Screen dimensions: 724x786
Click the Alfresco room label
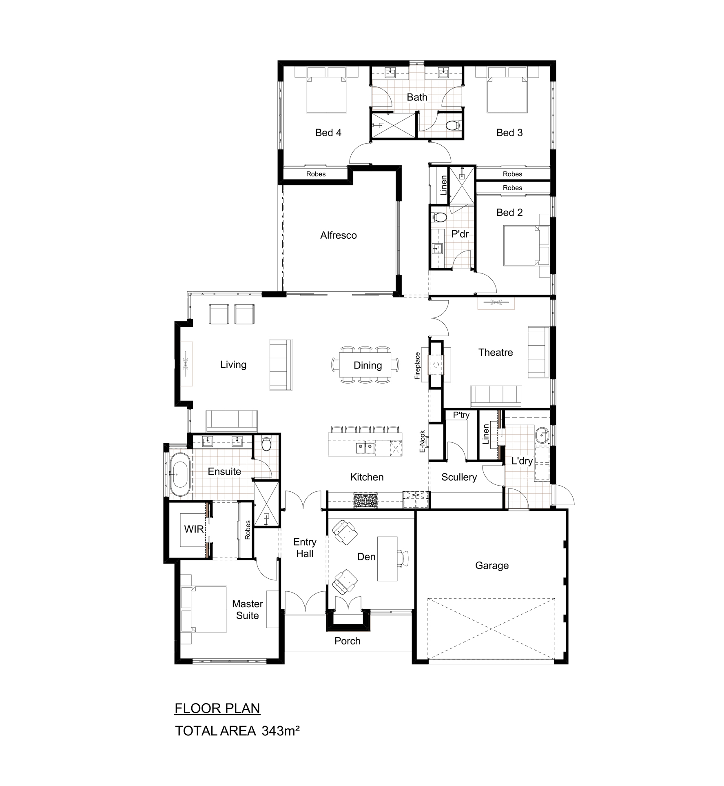pos(338,235)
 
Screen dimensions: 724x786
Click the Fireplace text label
pos(417,366)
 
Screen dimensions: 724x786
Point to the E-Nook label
pos(423,441)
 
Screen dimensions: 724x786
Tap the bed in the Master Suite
pos(203,609)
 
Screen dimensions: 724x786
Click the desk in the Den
pos(387,558)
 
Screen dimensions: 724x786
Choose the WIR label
pos(194,529)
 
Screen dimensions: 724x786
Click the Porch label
pos(348,641)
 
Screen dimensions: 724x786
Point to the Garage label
pos(492,566)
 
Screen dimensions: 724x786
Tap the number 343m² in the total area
pos(281,731)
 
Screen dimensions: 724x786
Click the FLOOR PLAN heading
pos(217,708)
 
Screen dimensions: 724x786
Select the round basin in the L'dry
pos(542,435)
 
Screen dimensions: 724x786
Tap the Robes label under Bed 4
pos(316,174)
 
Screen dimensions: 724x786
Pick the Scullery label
pos(459,477)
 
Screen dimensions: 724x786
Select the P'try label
pos(461,415)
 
